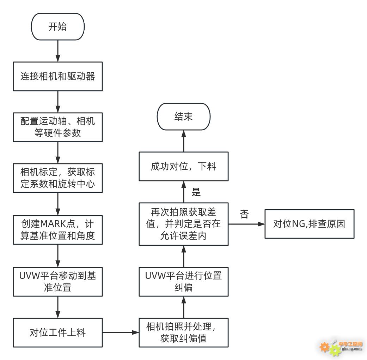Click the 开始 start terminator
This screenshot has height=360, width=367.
57,27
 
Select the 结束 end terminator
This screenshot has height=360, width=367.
183,116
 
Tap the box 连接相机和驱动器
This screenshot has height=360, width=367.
57,76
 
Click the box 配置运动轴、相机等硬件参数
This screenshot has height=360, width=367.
57,127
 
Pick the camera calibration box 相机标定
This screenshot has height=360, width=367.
57,178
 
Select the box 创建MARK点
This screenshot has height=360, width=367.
57,229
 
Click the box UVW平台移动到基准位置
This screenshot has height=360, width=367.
57,281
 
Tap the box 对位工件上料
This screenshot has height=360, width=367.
57,332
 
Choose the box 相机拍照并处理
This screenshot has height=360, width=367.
183,332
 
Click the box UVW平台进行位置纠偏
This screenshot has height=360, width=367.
183,281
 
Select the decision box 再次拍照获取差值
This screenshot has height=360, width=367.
183,224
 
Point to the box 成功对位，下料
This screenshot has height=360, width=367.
183,166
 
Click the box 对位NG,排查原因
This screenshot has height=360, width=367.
314,224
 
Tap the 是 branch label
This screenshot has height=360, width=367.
196,192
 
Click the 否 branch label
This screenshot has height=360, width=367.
244,214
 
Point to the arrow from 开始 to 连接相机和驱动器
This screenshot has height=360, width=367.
57,51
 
